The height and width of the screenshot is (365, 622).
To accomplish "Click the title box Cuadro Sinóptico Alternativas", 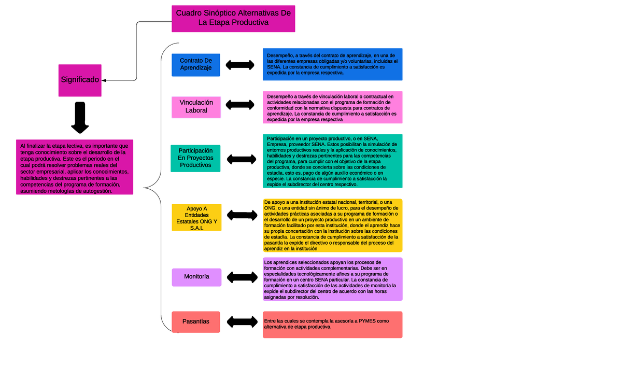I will pos(233,19).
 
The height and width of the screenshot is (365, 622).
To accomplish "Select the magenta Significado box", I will pos(80,80).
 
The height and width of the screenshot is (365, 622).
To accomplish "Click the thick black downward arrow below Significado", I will pos(80,118).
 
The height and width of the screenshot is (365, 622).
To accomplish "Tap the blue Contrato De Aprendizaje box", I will pos(196,65).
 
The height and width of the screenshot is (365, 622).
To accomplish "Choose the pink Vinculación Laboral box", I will pos(196,106).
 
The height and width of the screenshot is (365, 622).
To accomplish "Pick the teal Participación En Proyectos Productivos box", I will pos(195,158).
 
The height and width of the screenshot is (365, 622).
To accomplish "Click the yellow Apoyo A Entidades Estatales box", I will pos(196,218).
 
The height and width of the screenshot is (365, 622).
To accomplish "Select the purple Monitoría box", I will pos(196,277).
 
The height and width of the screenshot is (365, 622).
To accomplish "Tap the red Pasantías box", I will pos(196,321).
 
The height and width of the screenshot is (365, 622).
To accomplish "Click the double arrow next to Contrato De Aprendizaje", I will pos(240,65).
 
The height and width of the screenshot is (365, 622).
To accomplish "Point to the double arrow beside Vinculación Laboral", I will pos(240,105).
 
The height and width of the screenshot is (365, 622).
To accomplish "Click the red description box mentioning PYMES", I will pos(332,325).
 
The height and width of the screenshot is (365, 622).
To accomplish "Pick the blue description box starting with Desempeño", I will pos(332,64).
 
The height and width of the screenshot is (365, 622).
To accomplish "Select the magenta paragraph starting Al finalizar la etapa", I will pos(74,167).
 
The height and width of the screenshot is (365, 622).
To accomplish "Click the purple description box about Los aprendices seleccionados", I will pos(332,279).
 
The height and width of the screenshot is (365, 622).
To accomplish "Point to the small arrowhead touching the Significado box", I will pos(104,80).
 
